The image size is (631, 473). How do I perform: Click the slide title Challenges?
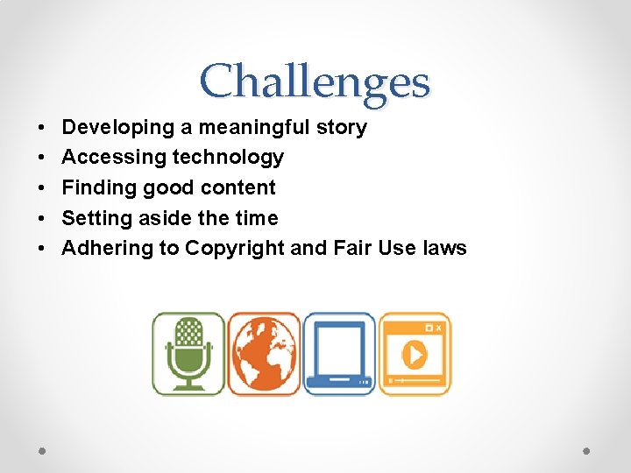[x=315, y=81]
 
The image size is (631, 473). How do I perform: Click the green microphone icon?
[x=188, y=354]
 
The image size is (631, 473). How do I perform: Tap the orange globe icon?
[x=264, y=354]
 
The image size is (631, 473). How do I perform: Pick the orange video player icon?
[x=415, y=354]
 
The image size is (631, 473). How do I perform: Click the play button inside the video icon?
[x=414, y=355]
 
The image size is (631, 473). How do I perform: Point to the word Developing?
[x=118, y=128]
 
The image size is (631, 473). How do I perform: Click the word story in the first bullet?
[x=342, y=128]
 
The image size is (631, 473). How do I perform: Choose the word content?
[x=240, y=187]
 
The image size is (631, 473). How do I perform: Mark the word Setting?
[x=96, y=218]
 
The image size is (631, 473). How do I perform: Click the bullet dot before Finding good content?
[x=42, y=188]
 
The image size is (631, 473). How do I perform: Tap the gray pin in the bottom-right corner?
[x=587, y=450]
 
